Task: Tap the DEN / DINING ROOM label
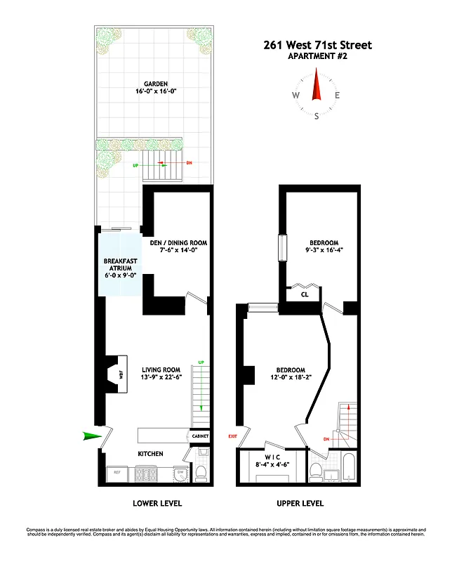(178, 244)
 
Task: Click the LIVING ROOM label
(161, 370)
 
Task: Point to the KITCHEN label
(150, 454)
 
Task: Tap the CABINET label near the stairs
(200, 436)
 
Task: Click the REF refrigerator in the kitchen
(117, 472)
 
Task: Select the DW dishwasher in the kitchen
(180, 471)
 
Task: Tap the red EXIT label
(232, 436)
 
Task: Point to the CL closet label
(305, 295)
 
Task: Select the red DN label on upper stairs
(326, 439)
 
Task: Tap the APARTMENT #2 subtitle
(317, 57)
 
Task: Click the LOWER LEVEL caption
(157, 503)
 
